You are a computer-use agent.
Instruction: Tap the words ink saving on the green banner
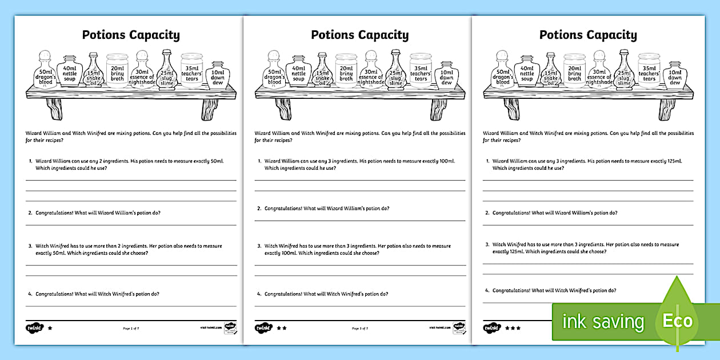pos(603,322)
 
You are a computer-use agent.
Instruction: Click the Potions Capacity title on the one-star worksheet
pos(131,35)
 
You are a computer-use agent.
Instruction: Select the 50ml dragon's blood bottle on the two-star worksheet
pos(275,71)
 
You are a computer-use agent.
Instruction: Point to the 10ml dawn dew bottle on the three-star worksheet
pos(675,75)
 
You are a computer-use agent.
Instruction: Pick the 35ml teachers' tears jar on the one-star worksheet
pos(192,71)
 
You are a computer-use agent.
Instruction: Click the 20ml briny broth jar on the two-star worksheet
pos(346,71)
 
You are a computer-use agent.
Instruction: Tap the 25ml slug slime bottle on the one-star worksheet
pos(167,71)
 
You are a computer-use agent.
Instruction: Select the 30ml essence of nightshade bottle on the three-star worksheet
pos(599,71)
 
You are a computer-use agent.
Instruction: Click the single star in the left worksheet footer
pos(50,329)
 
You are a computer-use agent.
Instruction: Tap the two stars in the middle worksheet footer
pos(281,329)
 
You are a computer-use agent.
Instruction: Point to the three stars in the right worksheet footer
pos(512,329)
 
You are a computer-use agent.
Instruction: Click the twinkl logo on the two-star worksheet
pos(263,329)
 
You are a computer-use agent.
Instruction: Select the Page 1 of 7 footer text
pos(131,329)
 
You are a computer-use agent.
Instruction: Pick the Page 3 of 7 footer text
pos(359,329)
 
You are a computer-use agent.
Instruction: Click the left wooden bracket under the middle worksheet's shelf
pos(283,108)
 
